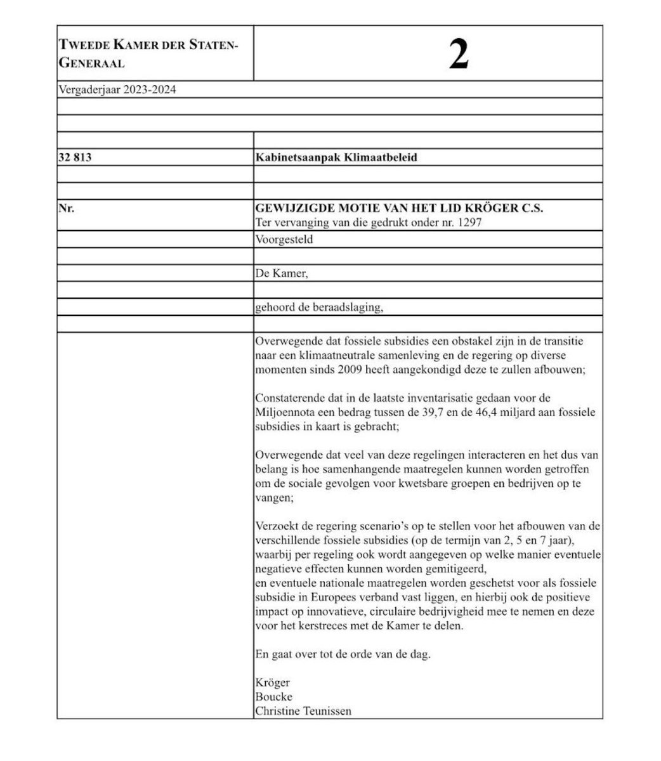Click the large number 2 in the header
click(x=459, y=55)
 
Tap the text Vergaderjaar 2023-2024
click(x=117, y=89)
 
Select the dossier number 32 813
click(x=75, y=157)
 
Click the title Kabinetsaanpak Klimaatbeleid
click(x=336, y=157)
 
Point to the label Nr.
click(x=66, y=207)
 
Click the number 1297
click(x=481, y=223)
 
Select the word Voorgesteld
click(x=284, y=240)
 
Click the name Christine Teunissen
click(x=303, y=711)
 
